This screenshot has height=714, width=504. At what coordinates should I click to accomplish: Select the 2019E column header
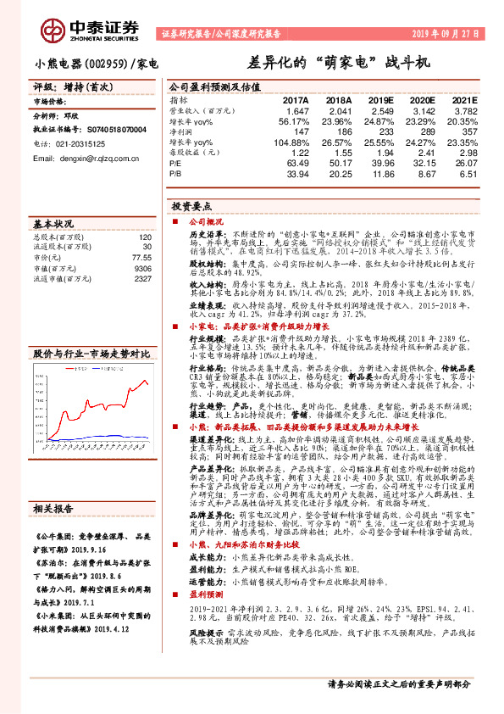pyautogui.click(x=380, y=100)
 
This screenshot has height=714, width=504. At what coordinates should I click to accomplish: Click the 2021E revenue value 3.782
pyautogui.click(x=462, y=110)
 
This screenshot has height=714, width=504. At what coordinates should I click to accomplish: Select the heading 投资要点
pyautogui.click(x=191, y=205)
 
